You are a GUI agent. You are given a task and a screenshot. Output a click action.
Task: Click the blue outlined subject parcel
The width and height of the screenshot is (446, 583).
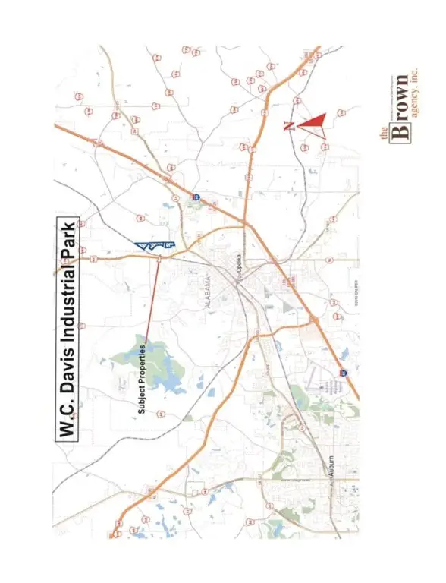156,244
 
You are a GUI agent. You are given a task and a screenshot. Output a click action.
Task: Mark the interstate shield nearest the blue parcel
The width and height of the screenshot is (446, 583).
195,197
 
